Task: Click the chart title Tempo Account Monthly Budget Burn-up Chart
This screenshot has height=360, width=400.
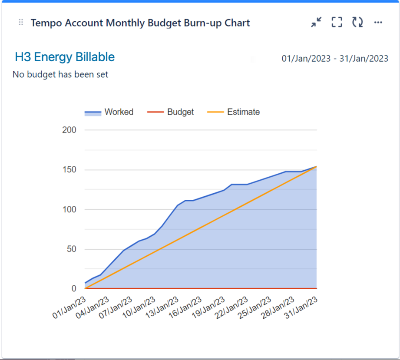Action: pos(140,23)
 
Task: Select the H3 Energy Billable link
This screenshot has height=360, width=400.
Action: pos(65,57)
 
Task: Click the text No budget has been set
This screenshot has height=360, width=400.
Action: pos(60,75)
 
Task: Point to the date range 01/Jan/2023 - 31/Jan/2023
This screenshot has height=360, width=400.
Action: pos(334,59)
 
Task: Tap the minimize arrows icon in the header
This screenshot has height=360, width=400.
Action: pos(316,23)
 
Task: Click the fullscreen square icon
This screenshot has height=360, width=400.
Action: pos(337,23)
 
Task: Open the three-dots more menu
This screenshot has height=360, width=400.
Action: pos(378,23)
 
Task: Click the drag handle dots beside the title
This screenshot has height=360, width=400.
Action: pos(21,23)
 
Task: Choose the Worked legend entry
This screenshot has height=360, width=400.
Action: pos(109,112)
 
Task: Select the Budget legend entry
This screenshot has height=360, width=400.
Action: pos(171,112)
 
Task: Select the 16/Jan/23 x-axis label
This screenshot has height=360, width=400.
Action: pos(186,307)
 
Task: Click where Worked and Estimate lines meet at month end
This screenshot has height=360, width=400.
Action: pos(316,166)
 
